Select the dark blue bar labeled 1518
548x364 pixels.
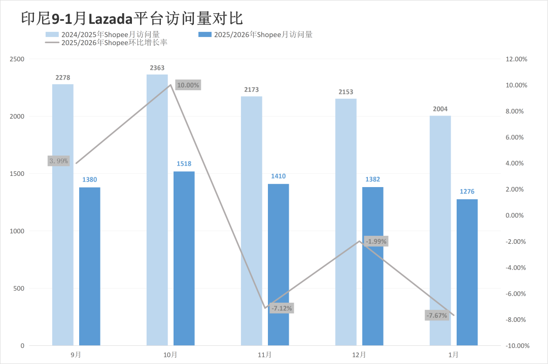coord(184,259)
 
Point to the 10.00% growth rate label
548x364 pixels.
coord(188,85)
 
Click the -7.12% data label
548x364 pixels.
coord(282,308)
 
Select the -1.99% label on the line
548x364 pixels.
coord(376,241)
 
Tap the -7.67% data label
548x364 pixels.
coord(437,315)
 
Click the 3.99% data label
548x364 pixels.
coord(58,161)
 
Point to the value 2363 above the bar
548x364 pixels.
coord(157,68)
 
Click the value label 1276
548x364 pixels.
coord(467,192)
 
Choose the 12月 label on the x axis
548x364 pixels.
coord(359,355)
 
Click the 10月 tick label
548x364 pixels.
coord(170,355)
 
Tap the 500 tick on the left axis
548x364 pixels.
coord(19,288)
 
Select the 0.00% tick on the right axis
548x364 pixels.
coord(518,215)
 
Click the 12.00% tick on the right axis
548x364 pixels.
coord(517,59)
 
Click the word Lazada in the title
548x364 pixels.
coord(111,19)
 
